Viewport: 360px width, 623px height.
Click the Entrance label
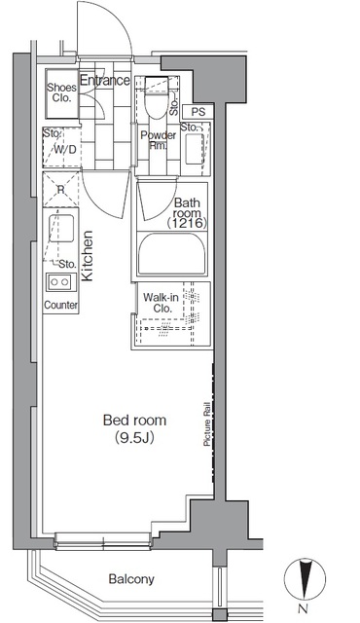(x=105, y=80)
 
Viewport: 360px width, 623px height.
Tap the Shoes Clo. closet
(x=61, y=93)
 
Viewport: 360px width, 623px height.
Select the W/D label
(x=64, y=150)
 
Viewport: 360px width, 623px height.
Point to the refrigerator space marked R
(x=60, y=189)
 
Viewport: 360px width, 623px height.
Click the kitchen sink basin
(x=61, y=229)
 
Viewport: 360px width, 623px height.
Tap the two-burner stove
(x=60, y=282)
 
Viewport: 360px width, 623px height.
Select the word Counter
(x=60, y=305)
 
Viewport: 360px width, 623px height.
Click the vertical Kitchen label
(x=88, y=256)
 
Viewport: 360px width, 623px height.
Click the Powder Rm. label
(x=158, y=140)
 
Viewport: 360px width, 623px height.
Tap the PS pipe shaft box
(x=198, y=112)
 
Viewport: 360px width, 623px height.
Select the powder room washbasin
(x=195, y=149)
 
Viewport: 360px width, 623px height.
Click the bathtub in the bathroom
(x=172, y=253)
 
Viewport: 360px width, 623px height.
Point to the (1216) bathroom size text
(x=187, y=224)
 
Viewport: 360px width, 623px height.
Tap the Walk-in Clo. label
(x=162, y=303)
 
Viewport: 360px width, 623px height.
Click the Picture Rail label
(x=207, y=424)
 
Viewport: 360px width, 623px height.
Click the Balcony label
(x=131, y=579)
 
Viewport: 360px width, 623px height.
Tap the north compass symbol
(x=305, y=578)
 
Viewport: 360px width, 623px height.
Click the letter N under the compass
(x=304, y=607)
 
